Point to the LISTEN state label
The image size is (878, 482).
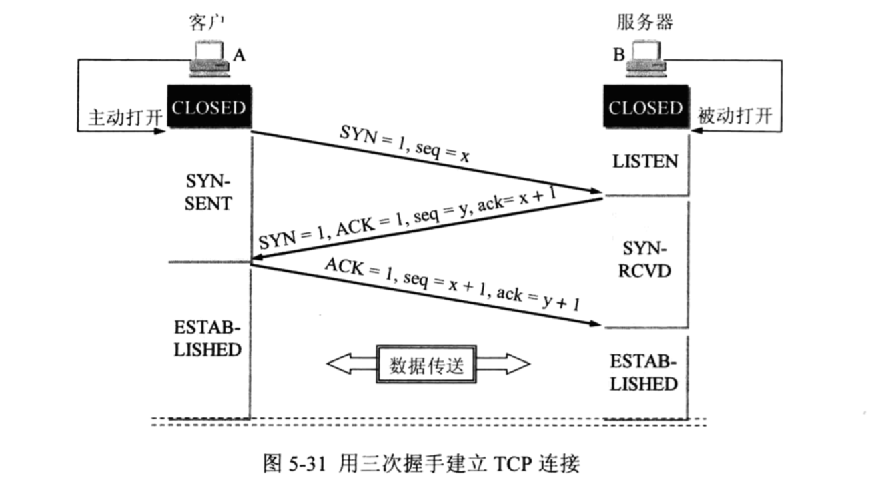pyautogui.click(x=644, y=161)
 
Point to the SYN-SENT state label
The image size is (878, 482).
pyautogui.click(x=209, y=192)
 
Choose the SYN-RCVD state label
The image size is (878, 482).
pyautogui.click(x=644, y=259)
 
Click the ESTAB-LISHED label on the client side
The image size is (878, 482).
pyautogui.click(x=207, y=340)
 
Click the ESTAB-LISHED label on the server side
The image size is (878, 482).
pyautogui.click(x=644, y=373)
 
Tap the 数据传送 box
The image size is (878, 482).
pyautogui.click(x=427, y=365)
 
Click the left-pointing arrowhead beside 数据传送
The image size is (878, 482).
pyautogui.click(x=340, y=365)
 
